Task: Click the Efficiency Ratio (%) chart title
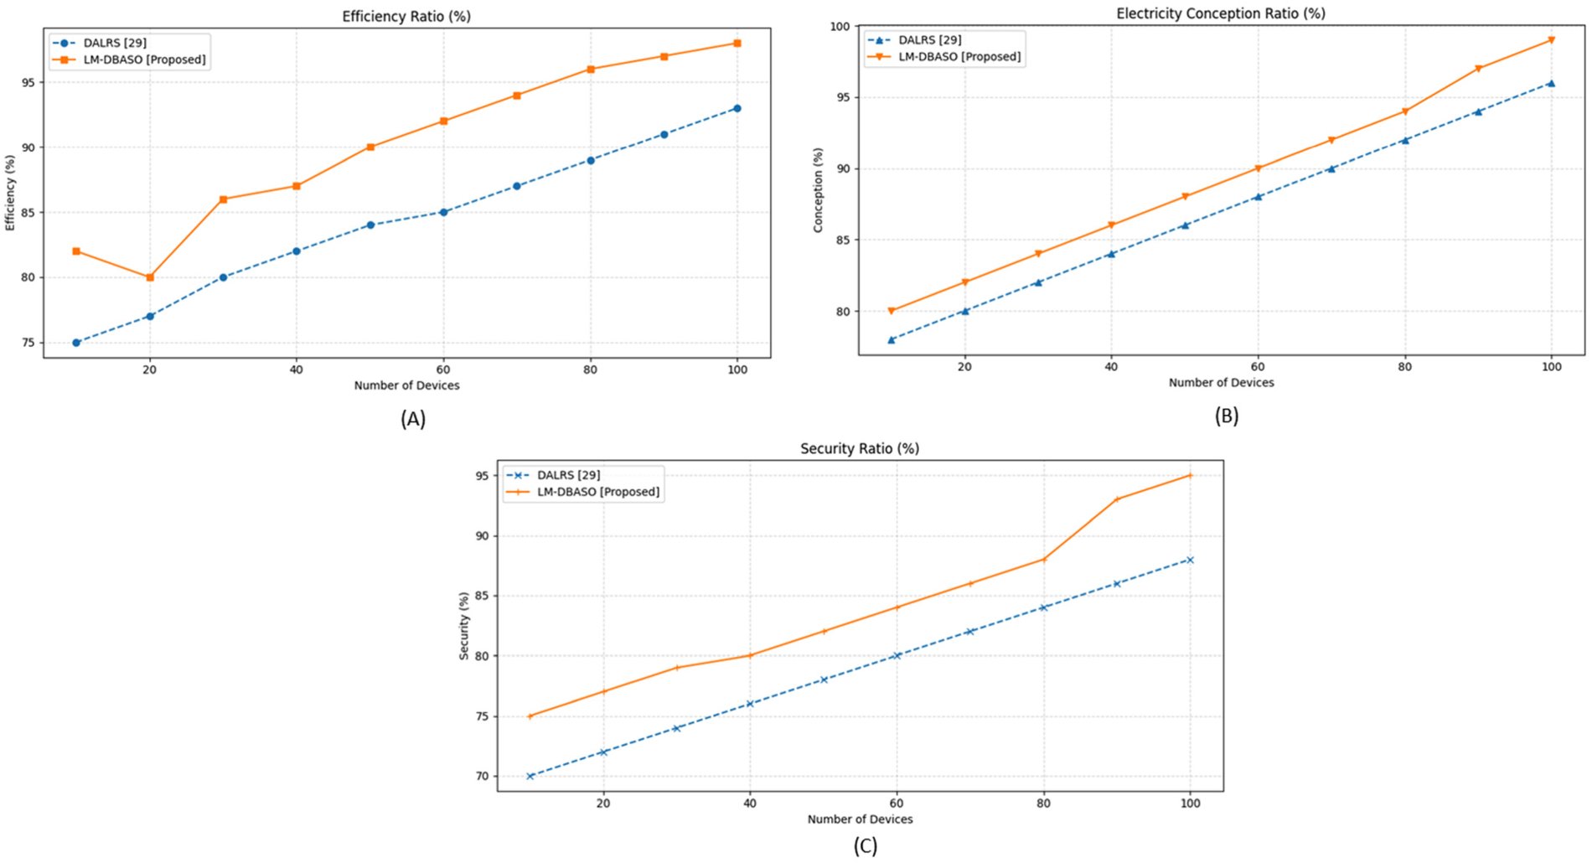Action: (x=406, y=16)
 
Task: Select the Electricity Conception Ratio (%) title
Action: (x=1221, y=13)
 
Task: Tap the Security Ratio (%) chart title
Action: (x=860, y=448)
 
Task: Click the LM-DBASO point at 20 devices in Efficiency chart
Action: (x=150, y=277)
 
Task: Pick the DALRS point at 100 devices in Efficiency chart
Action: (x=737, y=108)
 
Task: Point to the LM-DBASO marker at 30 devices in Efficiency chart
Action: (x=223, y=199)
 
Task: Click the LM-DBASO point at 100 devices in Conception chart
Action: (x=1552, y=40)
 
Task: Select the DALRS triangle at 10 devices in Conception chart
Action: (x=892, y=339)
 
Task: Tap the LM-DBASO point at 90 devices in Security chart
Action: (x=1117, y=499)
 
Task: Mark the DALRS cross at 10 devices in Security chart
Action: (x=530, y=776)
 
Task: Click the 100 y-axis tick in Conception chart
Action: (x=840, y=27)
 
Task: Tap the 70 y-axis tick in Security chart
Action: (x=483, y=777)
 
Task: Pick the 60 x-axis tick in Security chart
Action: (x=897, y=803)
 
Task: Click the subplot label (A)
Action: (x=413, y=419)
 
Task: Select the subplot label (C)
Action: (x=866, y=846)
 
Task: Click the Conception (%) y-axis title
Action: (x=819, y=190)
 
